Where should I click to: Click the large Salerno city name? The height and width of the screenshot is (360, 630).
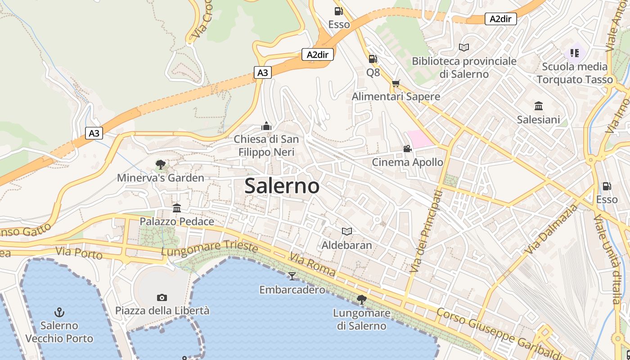(x=282, y=186)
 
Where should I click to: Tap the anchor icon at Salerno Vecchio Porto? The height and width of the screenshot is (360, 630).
(x=59, y=312)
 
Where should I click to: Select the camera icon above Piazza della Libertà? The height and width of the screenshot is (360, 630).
(x=162, y=297)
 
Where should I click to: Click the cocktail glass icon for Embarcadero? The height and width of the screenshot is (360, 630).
(x=292, y=276)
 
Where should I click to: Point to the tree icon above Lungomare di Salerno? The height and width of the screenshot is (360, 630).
(x=361, y=299)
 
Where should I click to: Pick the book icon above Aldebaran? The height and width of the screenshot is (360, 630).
(x=346, y=232)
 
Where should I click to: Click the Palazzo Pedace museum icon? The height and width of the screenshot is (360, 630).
(x=177, y=208)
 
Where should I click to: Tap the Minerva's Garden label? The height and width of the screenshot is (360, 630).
(x=161, y=178)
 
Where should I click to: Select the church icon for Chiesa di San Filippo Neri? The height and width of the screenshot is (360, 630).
(x=266, y=126)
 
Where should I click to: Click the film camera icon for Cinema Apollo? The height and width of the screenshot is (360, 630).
(x=407, y=149)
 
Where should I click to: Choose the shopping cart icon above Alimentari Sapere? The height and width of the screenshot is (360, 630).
(x=396, y=83)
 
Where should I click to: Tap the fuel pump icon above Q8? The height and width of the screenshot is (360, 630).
(x=373, y=59)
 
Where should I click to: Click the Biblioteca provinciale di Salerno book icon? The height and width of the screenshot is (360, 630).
(x=464, y=47)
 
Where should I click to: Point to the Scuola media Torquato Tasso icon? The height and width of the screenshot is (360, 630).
(x=575, y=53)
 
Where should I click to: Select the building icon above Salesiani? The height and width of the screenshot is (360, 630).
(x=538, y=106)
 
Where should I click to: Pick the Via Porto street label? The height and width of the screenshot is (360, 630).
(x=79, y=253)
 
